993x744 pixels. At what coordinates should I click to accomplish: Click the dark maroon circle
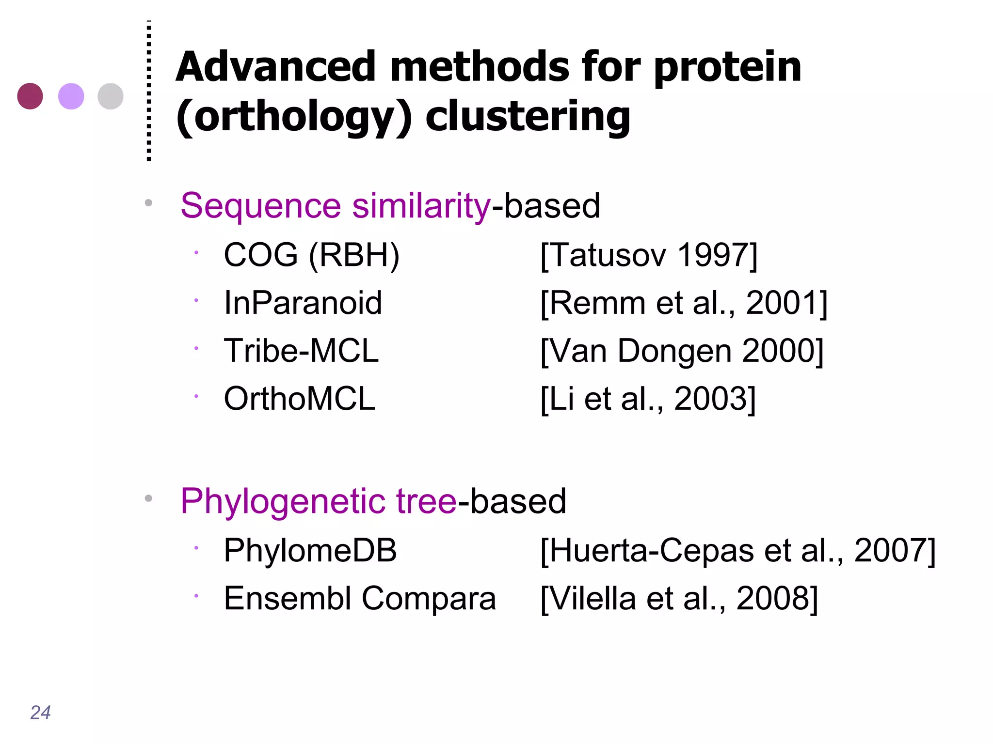(x=30, y=96)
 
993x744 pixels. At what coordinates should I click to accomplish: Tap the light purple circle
(x=71, y=96)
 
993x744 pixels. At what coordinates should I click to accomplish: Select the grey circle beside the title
(x=111, y=96)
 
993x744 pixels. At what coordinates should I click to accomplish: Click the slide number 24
(x=40, y=713)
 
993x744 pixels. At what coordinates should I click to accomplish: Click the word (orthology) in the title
(x=294, y=116)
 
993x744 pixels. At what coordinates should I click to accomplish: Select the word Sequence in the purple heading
(x=261, y=206)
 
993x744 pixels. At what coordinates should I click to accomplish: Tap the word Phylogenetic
(x=283, y=501)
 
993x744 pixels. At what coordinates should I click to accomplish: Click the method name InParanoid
(x=303, y=303)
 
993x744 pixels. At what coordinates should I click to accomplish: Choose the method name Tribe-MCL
(x=301, y=351)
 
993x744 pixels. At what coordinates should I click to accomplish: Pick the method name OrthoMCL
(x=300, y=399)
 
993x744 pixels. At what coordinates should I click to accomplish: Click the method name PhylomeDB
(x=310, y=551)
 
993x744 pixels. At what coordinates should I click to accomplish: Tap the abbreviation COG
(x=261, y=255)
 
